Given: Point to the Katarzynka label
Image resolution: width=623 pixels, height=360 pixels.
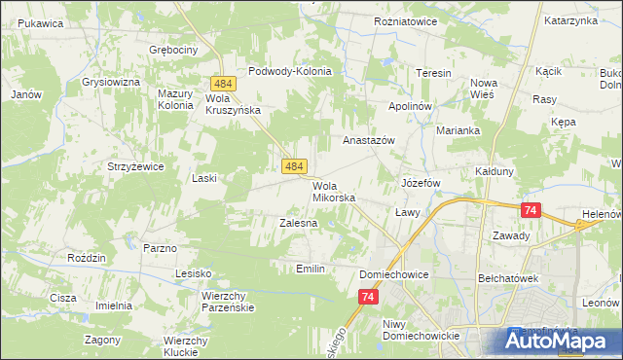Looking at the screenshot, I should point(569,19).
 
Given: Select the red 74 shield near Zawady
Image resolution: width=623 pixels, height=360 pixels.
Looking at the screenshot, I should point(531,209).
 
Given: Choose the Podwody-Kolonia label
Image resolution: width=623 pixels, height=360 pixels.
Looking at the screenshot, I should point(290,71).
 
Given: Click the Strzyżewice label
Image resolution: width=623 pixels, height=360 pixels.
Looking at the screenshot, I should point(134,166).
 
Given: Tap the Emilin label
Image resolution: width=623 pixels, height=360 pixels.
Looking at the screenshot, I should point(308,268).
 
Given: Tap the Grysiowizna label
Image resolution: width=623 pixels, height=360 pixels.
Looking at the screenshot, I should point(111,82).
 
